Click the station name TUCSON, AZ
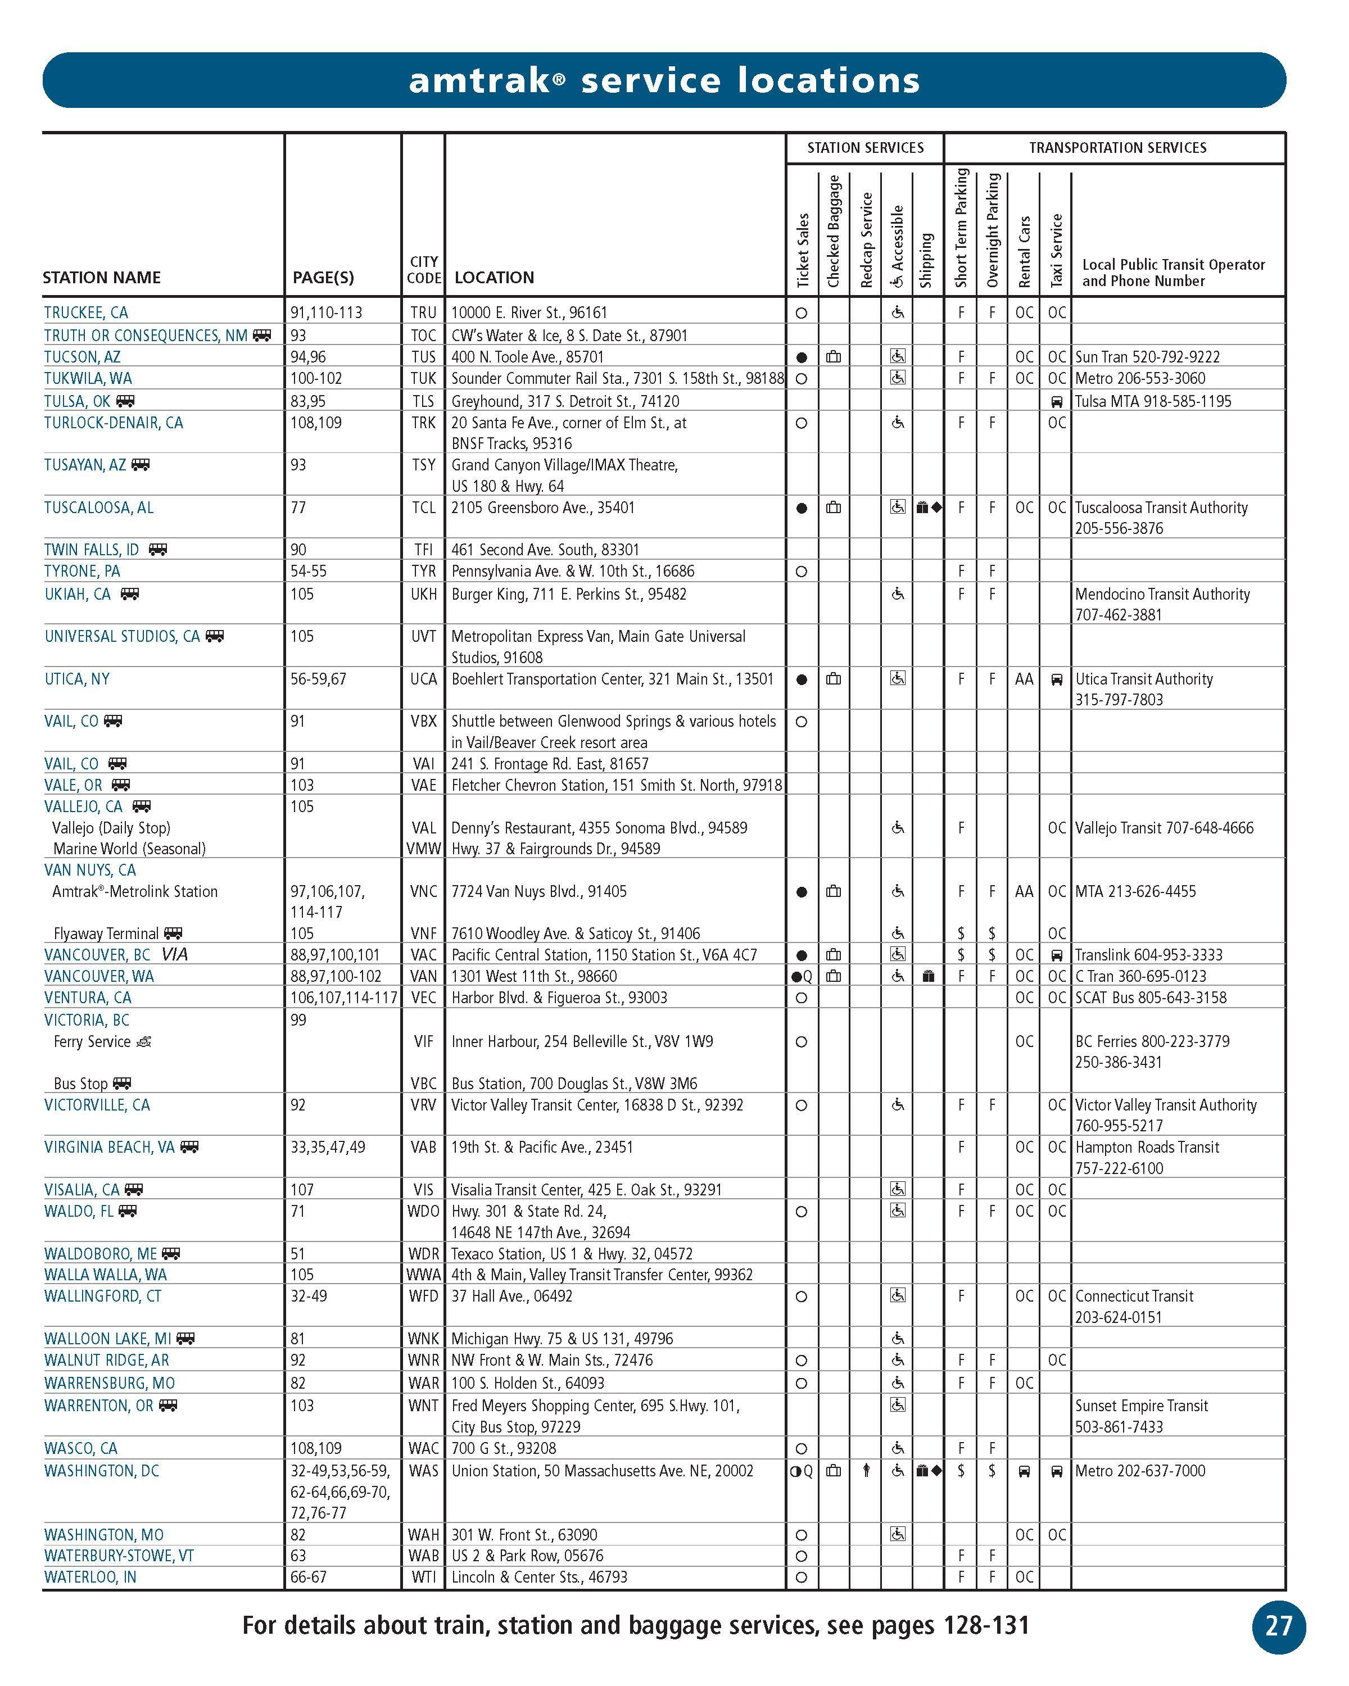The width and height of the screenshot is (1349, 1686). (x=82, y=357)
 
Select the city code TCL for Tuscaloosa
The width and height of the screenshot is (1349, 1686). (x=423, y=508)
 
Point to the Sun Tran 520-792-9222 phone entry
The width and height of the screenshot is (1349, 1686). (x=1147, y=357)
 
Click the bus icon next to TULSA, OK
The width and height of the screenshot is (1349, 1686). (x=125, y=402)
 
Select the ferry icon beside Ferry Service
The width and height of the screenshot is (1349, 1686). (x=144, y=1041)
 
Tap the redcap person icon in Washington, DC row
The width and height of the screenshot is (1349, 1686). (x=866, y=1471)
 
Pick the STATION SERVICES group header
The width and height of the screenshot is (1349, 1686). (x=865, y=148)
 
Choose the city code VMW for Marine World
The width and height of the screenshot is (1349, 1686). (x=423, y=849)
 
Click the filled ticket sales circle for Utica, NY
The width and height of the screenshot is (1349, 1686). (x=802, y=679)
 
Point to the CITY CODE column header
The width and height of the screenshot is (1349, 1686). (x=424, y=270)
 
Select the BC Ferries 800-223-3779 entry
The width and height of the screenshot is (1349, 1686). (x=1152, y=1041)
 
